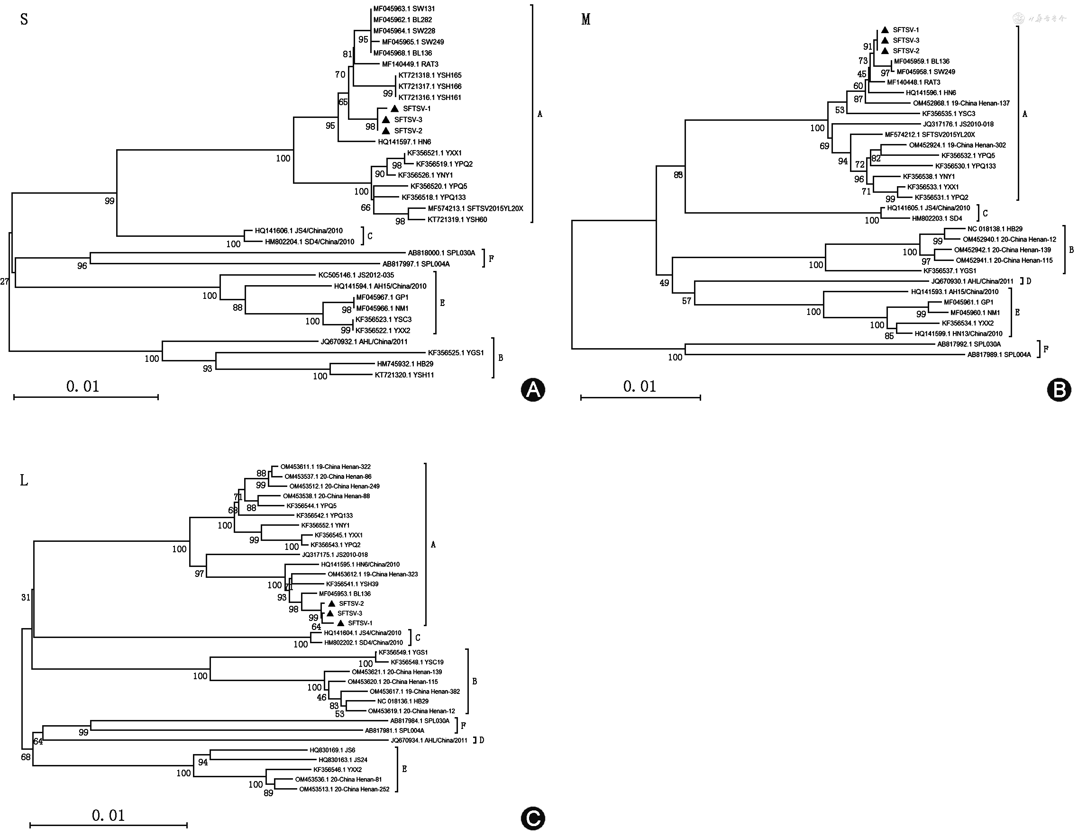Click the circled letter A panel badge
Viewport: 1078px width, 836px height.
[x=532, y=390]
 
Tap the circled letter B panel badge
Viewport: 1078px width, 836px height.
[x=1059, y=390]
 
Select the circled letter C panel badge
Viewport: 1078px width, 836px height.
[x=532, y=819]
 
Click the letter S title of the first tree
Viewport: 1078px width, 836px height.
[x=24, y=20]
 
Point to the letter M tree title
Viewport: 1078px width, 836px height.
[x=586, y=20]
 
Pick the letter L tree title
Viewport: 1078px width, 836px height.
[x=24, y=480]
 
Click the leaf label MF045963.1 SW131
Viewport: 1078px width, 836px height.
[x=404, y=9]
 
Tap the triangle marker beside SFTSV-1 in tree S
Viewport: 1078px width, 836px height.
[x=394, y=108]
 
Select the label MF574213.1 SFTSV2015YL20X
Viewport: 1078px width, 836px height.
[x=475, y=208]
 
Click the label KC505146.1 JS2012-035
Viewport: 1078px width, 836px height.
[x=356, y=275]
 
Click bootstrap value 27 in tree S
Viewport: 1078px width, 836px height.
[x=4, y=282]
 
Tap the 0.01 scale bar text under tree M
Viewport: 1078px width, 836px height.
[x=639, y=387]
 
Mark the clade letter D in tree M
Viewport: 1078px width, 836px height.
[x=1029, y=282]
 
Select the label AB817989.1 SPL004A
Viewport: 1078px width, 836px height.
[x=999, y=355]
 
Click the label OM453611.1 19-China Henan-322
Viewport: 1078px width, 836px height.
[x=325, y=467]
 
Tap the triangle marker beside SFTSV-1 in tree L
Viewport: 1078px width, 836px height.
[x=340, y=623]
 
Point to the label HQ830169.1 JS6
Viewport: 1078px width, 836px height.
[x=332, y=750]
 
